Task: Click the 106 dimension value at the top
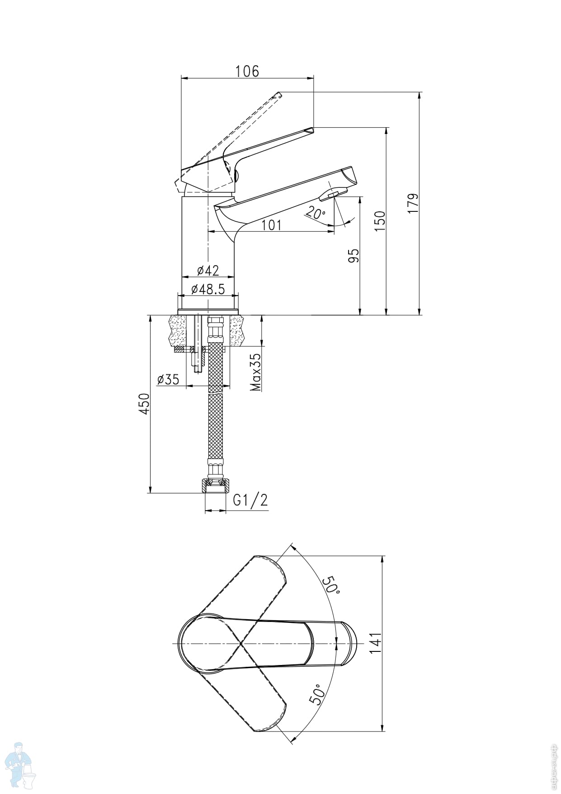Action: [247, 71]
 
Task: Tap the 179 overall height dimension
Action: [413, 203]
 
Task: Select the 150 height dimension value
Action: [380, 220]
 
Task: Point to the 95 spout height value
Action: [354, 255]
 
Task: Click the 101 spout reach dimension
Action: [271, 225]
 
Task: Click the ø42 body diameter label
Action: [208, 270]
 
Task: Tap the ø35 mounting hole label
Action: [168, 379]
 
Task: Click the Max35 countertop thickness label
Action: [255, 372]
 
